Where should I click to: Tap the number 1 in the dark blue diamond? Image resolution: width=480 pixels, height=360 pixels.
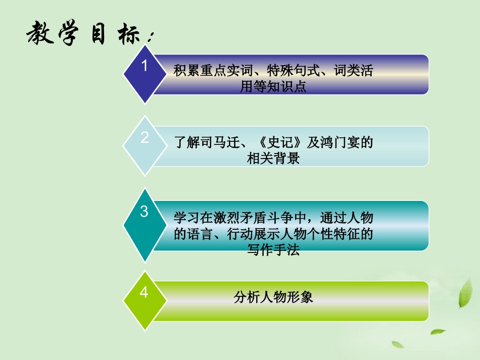(x=145, y=65)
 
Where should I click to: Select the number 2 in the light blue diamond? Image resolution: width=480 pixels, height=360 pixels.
(x=145, y=137)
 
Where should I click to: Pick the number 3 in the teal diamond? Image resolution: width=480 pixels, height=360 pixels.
(x=145, y=212)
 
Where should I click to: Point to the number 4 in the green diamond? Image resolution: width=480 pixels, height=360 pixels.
(x=145, y=292)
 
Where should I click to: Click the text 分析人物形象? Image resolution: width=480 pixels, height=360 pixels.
(x=273, y=297)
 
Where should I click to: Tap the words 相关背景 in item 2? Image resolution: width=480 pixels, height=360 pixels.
(x=273, y=159)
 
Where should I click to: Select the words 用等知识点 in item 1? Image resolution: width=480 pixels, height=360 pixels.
(x=273, y=87)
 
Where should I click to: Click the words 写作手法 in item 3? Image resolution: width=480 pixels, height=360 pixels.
(x=273, y=250)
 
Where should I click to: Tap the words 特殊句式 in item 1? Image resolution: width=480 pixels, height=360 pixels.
(x=285, y=71)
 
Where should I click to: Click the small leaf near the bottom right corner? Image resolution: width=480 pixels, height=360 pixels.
(x=438, y=332)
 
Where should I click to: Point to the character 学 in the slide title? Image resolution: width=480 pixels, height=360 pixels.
(x=69, y=34)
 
